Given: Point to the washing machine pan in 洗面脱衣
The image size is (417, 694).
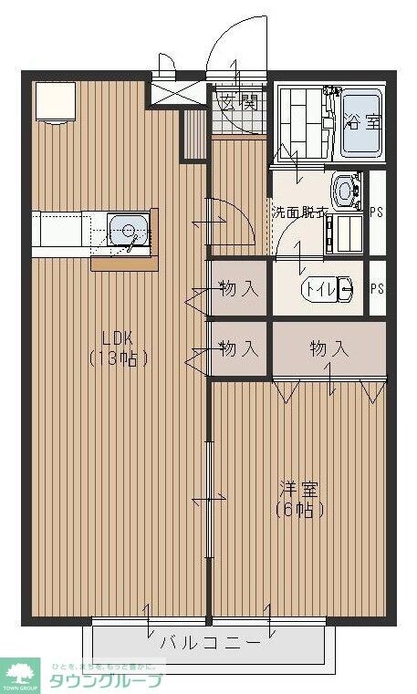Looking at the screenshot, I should coord(344,233).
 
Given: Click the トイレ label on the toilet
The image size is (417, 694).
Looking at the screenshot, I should coord(319,289).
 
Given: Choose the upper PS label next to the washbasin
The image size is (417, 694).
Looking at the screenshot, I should coord(377,212).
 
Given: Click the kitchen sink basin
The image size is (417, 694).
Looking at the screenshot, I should coord(127,228).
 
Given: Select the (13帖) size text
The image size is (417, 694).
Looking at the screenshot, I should coord(120,357).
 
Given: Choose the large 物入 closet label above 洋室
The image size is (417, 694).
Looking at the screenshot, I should coord(328,348).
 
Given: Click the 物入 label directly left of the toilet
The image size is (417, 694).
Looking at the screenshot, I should coord(239,289).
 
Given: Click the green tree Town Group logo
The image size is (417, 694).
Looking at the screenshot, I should coord(22,674).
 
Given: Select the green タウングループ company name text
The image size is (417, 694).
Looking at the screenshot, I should coord(105,680).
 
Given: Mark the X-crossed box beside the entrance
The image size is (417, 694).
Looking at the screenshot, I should coord(165,92).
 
